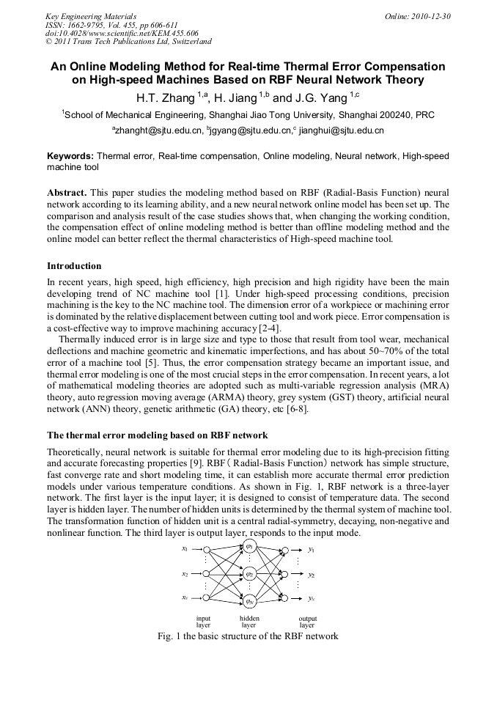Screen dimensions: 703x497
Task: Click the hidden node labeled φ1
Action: click(x=249, y=548)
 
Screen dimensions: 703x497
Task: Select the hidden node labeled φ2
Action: click(x=249, y=575)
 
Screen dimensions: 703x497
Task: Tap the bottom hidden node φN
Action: click(x=249, y=601)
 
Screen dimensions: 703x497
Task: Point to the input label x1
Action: click(x=185, y=548)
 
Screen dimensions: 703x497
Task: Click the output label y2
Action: click(x=312, y=575)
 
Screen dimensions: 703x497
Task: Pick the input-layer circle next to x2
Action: click(x=207, y=575)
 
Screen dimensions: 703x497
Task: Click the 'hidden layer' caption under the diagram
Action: click(x=249, y=622)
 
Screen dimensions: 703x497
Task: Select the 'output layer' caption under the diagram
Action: click(x=308, y=622)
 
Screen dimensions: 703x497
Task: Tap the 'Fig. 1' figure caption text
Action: click(x=248, y=636)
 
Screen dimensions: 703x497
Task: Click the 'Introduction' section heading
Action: click(x=74, y=265)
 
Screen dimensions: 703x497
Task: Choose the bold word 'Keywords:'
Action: click(x=70, y=156)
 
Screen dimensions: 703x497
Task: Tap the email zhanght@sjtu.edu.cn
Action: click(x=158, y=130)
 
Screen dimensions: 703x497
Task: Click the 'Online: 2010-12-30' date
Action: click(x=418, y=16)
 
